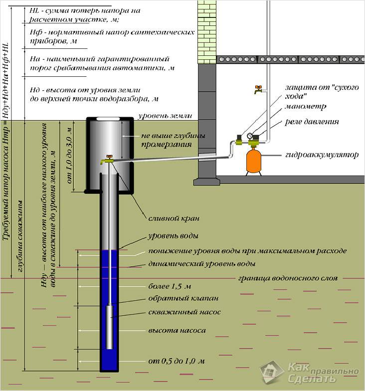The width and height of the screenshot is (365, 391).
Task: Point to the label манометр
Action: coord(306,107)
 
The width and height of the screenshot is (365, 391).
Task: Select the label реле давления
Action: coord(312,121)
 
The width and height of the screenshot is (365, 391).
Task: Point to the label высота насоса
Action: coord(177,331)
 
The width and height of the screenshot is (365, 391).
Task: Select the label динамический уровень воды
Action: coord(201,263)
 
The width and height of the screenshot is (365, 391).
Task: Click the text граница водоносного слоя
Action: coord(288,277)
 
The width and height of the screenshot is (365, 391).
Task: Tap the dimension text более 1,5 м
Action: coord(170,287)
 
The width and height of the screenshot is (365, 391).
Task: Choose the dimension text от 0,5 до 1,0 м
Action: coord(177,361)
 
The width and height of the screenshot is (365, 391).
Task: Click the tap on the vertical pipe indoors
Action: coord(257,90)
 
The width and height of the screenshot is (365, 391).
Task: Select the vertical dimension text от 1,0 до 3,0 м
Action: coord(70,155)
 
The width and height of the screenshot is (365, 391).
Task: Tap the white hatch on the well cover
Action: coord(110,119)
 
